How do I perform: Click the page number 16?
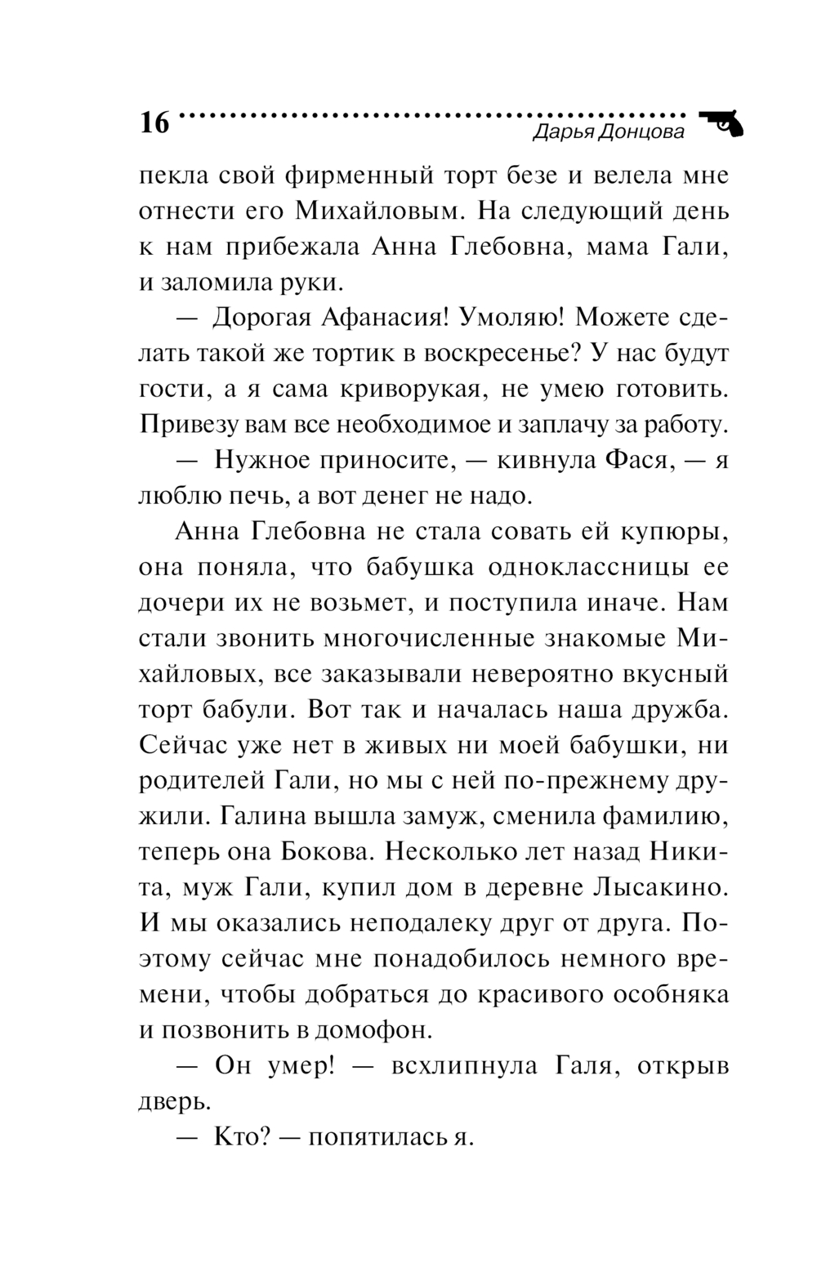coord(154,122)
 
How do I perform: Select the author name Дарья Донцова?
coord(608,132)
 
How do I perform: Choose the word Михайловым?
coord(379,211)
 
